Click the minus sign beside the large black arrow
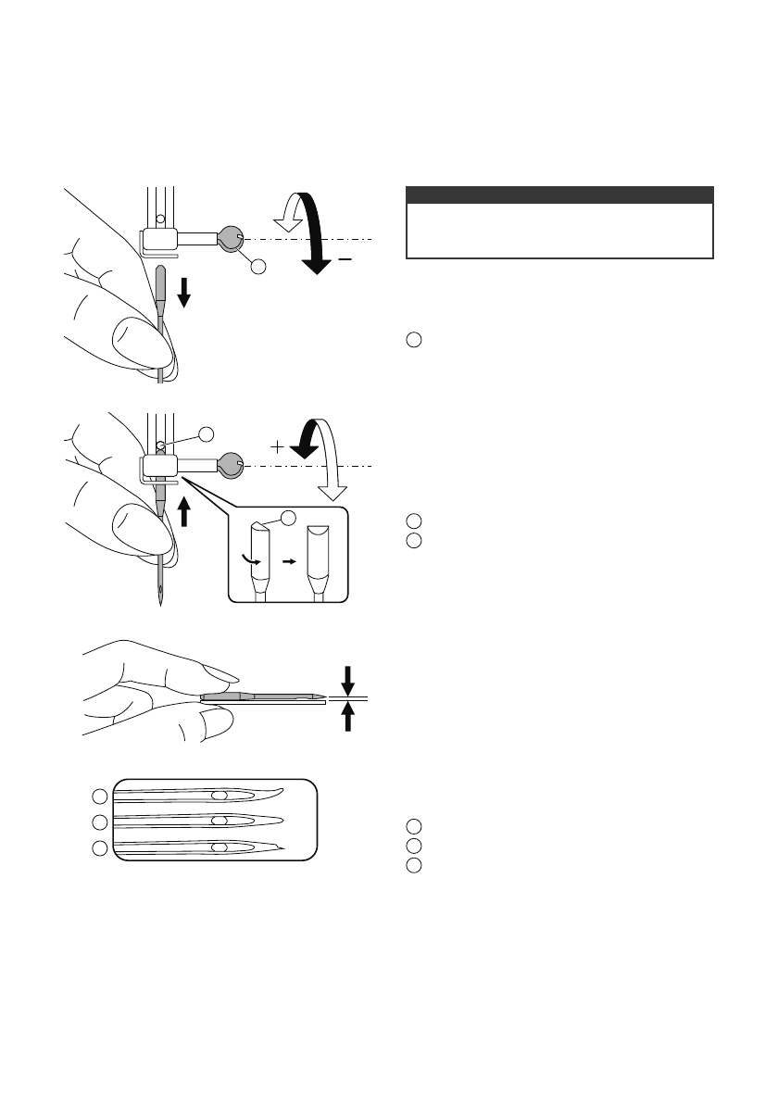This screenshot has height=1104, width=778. coord(345,261)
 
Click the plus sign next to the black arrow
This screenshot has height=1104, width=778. coord(276,446)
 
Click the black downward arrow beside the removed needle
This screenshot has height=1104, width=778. coord(184,294)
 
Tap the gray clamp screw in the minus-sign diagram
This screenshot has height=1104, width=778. coord(229,240)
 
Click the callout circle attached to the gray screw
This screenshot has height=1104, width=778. coord(258,268)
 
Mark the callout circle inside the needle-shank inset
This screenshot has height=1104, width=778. coord(289,517)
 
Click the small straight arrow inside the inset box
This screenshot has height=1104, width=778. coord(287,561)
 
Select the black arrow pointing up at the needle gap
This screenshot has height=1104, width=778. coord(348,717)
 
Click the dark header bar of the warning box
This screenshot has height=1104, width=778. coord(560,194)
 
